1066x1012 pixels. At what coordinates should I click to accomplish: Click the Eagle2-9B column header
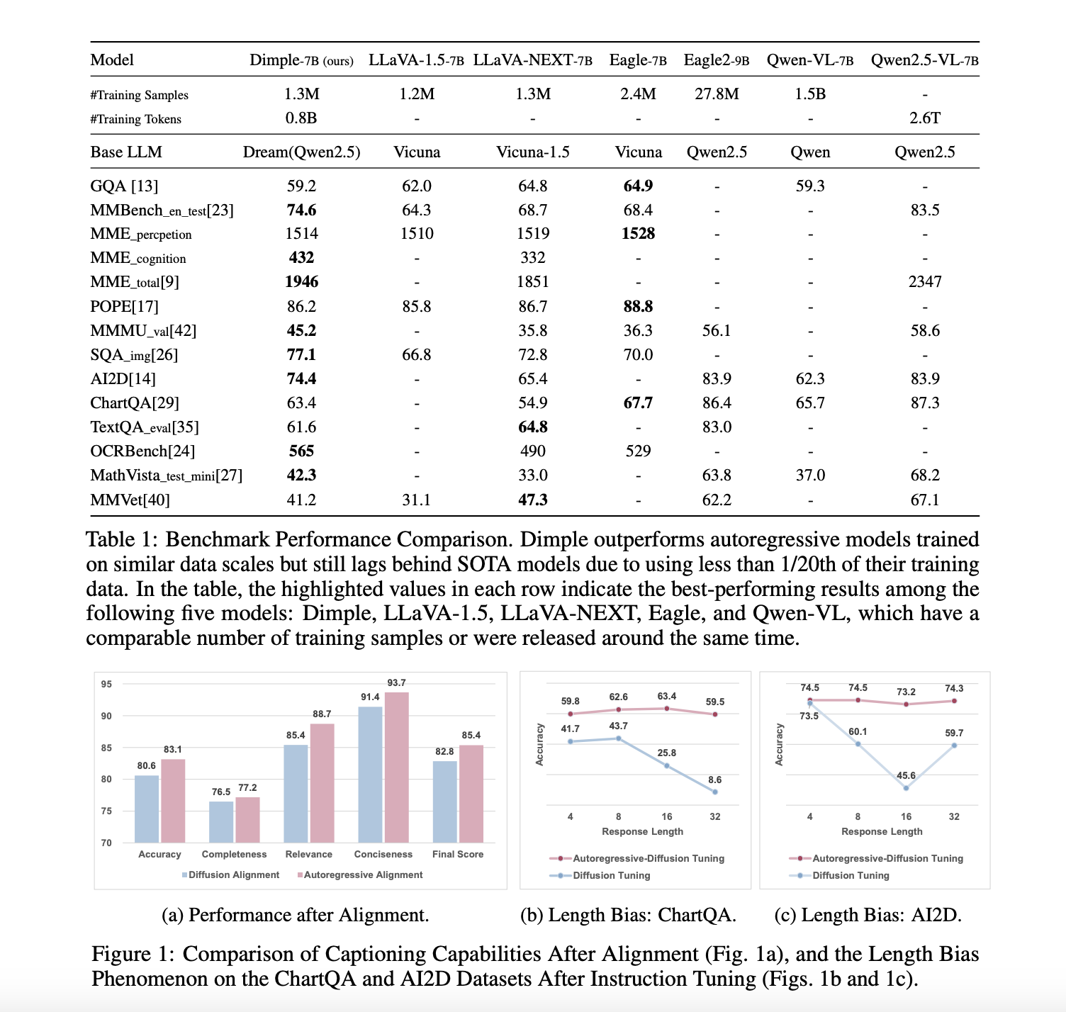[x=716, y=60]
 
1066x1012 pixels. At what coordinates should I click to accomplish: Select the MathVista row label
[x=166, y=476]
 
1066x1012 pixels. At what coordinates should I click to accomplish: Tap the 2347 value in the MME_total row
[x=925, y=282]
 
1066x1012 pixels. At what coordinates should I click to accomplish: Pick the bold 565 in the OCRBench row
[x=301, y=451]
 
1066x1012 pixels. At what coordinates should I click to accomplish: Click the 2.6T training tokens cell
[x=925, y=118]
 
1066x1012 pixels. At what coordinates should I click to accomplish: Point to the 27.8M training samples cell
[x=717, y=94]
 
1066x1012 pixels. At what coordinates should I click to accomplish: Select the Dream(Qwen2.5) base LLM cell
[x=301, y=152]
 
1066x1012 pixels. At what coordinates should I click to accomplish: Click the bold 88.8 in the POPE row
[x=638, y=306]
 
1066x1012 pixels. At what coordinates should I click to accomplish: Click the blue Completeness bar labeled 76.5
[x=221, y=821]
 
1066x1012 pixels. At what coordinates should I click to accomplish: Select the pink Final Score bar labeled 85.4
[x=471, y=793]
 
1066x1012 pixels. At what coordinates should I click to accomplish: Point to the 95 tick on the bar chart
[x=106, y=685]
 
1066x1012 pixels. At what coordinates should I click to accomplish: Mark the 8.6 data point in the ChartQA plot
[x=715, y=792]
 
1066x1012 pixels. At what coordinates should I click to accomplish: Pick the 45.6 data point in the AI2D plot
[x=906, y=788]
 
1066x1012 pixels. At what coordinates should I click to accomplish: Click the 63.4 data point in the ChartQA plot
[x=667, y=709]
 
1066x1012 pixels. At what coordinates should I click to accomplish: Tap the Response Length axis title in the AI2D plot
[x=882, y=831]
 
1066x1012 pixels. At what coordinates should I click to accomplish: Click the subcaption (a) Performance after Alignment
[x=296, y=916]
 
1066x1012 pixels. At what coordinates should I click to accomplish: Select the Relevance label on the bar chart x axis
[x=308, y=855]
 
